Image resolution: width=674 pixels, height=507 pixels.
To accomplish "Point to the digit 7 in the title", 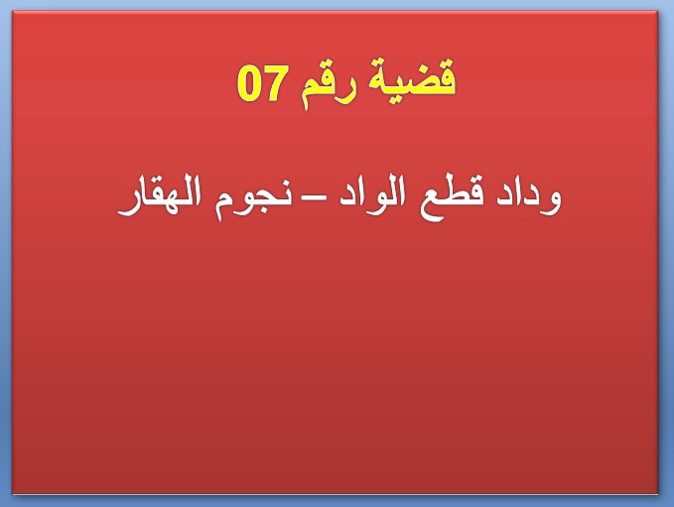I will click(275, 84).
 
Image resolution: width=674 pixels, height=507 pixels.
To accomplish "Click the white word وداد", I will click(529, 197).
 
